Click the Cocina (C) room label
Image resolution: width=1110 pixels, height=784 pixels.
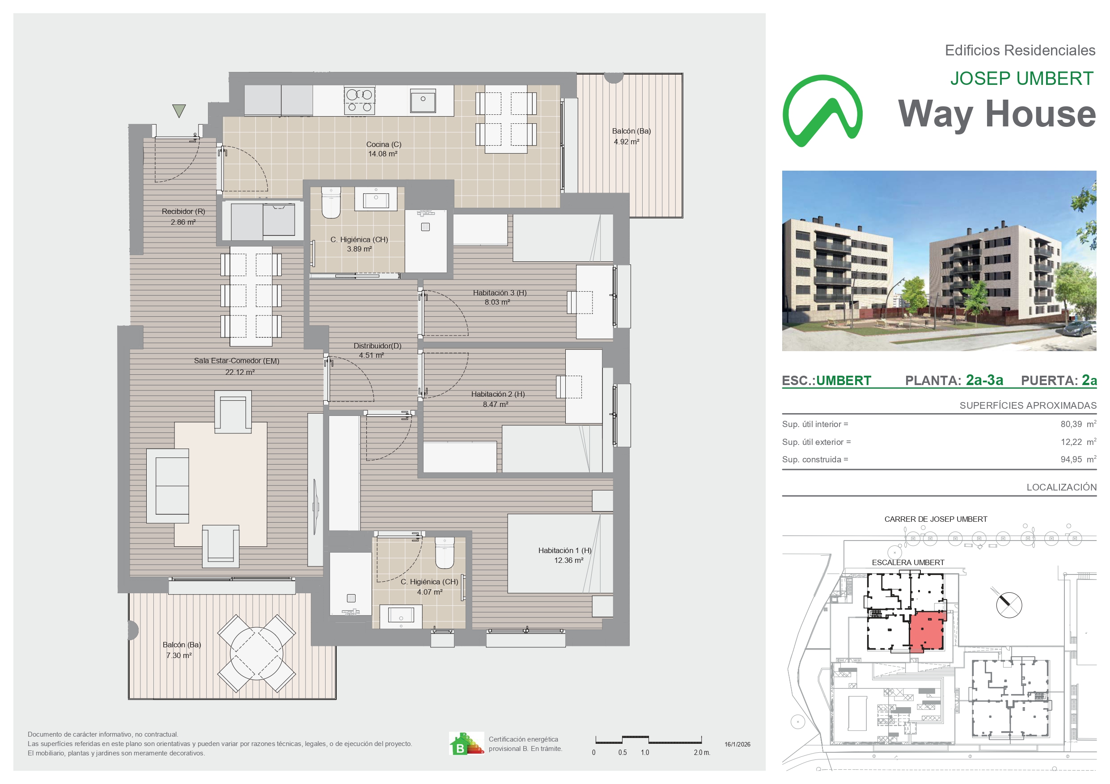click(x=383, y=144)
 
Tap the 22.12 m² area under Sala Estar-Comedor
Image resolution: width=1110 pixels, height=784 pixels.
click(x=240, y=372)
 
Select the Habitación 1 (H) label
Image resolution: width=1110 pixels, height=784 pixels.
click(x=565, y=551)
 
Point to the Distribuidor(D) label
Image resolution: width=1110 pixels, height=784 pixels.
click(x=377, y=346)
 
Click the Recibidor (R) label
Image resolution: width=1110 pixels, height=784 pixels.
click(x=183, y=212)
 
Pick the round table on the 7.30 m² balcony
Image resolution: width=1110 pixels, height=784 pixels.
click(x=256, y=653)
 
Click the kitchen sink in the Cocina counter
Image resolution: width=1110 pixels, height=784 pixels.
click(x=423, y=101)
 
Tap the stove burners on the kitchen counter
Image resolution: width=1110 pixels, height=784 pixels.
click(x=359, y=101)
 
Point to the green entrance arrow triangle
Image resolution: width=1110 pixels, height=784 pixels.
click(x=179, y=111)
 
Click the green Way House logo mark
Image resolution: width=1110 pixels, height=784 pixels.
click(x=822, y=111)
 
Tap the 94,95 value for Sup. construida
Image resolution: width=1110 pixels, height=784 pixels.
click(x=1072, y=459)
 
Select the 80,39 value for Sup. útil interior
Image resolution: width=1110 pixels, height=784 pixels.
click(x=1072, y=424)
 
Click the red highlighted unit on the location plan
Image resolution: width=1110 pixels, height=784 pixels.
click(x=927, y=632)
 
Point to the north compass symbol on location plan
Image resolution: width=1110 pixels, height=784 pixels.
click(x=1009, y=605)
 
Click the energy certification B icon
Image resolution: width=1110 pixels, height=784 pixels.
click(x=466, y=743)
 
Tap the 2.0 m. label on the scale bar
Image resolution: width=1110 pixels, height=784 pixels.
click(x=702, y=753)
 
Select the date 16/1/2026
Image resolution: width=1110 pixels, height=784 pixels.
click(x=737, y=744)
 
